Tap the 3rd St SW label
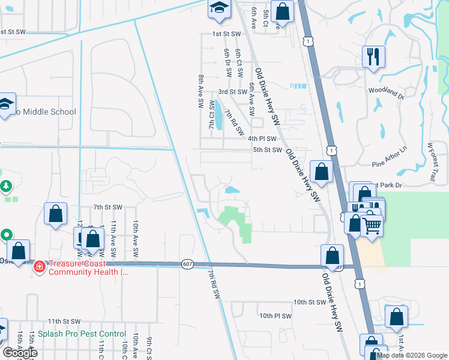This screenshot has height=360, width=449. (x=232, y=92)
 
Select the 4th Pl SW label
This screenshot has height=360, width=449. (x=262, y=139)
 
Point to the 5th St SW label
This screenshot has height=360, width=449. (x=267, y=150)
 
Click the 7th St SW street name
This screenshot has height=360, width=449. (x=107, y=207)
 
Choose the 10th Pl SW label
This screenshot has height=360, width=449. (x=275, y=316)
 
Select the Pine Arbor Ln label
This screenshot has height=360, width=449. (x=390, y=157)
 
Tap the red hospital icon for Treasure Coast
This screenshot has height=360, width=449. (x=39, y=266)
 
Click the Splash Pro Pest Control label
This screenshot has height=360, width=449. (x=82, y=334)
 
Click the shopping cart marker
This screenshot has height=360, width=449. (x=372, y=226)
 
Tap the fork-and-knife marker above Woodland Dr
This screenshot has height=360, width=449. (x=373, y=57)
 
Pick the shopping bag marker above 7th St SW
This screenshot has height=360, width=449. (x=55, y=213)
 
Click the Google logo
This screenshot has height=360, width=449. (x=20, y=353)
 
